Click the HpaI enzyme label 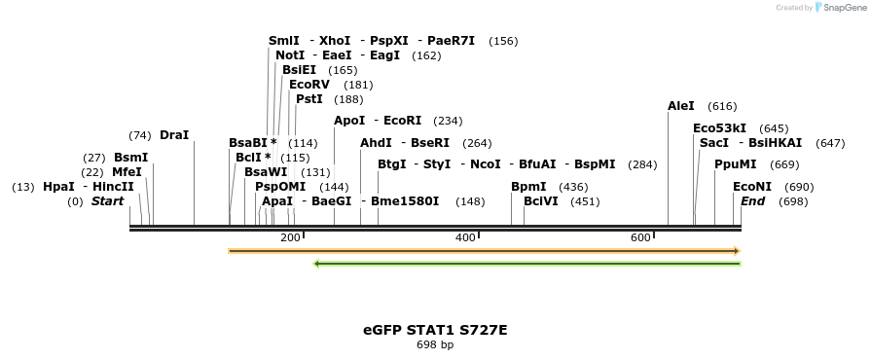pyautogui.click(x=58, y=187)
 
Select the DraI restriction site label pyautogui.click(x=174, y=135)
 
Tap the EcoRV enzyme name pyautogui.click(x=309, y=85)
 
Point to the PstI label pyautogui.click(x=309, y=99)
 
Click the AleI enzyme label pyautogui.click(x=681, y=106)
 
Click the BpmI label pyautogui.click(x=528, y=187)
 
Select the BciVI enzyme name pyautogui.click(x=541, y=201)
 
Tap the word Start pyautogui.click(x=108, y=201)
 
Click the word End pyautogui.click(x=752, y=201)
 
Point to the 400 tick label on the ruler pyautogui.click(x=465, y=238)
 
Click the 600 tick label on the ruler pyautogui.click(x=640, y=238)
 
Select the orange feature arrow pyautogui.click(x=484, y=251)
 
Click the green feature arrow pyautogui.click(x=526, y=263)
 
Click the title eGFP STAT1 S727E pyautogui.click(x=435, y=330)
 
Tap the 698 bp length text pyautogui.click(x=435, y=344)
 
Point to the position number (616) pyautogui.click(x=722, y=106)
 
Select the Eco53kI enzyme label pyautogui.click(x=720, y=128)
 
